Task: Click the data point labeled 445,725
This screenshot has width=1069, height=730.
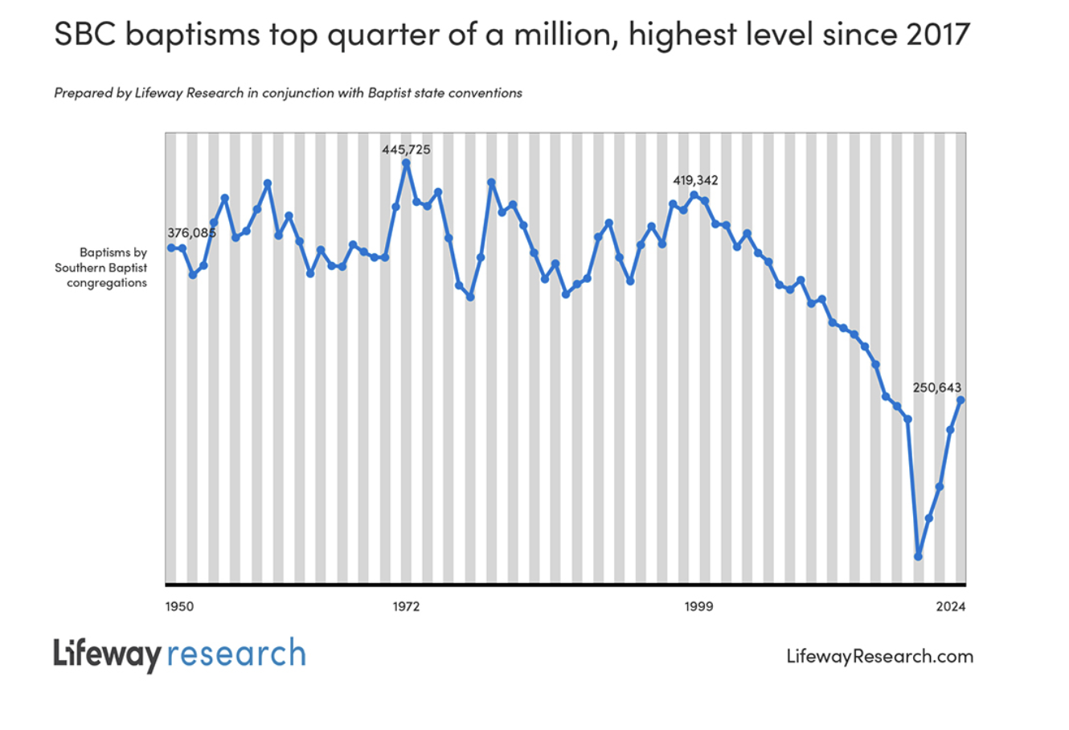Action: [x=406, y=163]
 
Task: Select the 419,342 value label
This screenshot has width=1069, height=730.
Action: [x=695, y=180]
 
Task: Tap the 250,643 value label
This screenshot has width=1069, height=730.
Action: [x=936, y=388]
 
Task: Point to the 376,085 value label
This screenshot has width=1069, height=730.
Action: [x=191, y=233]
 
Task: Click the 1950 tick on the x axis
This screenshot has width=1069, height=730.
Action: [x=179, y=606]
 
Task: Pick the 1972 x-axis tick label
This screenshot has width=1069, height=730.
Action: [x=406, y=606]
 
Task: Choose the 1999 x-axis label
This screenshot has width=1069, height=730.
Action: [x=698, y=606]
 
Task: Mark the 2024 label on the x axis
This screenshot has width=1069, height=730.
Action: [x=951, y=606]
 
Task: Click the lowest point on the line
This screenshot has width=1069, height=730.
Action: [x=918, y=556]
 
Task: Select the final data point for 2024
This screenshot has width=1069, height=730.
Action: [x=960, y=400]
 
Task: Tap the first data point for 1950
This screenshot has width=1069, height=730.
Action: [x=171, y=248]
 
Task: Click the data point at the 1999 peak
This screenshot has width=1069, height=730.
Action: [x=694, y=195]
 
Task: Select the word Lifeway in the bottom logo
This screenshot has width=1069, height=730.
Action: [x=108, y=654]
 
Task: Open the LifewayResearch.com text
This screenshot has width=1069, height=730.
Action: [x=879, y=656]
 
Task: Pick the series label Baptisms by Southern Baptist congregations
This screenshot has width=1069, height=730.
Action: [x=102, y=268]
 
